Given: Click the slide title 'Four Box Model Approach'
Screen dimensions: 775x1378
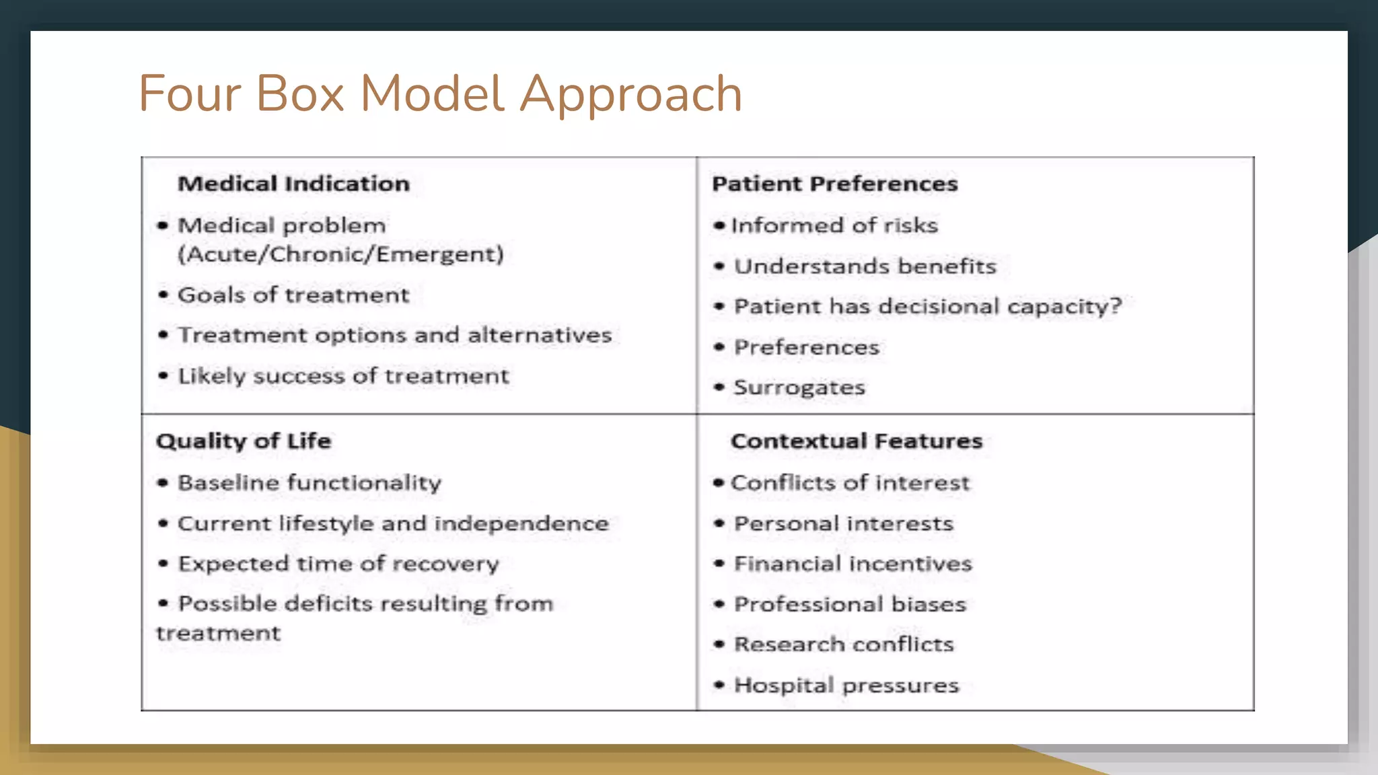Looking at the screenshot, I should tap(440, 94).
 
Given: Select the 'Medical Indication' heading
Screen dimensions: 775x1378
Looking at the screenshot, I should tap(293, 184).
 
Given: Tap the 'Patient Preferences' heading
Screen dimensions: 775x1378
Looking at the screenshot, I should tap(834, 184).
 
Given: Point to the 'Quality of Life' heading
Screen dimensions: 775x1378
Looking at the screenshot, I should tap(244, 441).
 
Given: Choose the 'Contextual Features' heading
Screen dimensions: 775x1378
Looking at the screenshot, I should tap(857, 441).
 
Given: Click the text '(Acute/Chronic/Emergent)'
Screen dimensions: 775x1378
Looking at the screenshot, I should tap(340, 254).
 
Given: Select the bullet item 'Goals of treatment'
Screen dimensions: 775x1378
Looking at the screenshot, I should tap(293, 295).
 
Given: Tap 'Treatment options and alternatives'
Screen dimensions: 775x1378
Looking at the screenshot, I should tap(394, 335).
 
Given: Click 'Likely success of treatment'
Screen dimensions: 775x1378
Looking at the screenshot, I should tap(343, 375).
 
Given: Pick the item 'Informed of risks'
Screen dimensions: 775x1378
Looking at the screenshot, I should tap(834, 225).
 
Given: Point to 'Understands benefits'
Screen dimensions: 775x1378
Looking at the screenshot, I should tap(865, 266).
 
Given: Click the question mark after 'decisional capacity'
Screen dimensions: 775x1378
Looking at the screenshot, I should tap(1116, 307).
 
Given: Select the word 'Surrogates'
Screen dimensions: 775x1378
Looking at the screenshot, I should tap(799, 387).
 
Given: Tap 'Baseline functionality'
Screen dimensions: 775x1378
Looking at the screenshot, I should tap(310, 482).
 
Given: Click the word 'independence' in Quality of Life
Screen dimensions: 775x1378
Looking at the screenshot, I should tap(521, 523).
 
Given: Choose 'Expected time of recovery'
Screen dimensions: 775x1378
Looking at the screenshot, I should tap(338, 564).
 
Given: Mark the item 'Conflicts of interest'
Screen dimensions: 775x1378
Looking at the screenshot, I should tap(850, 482).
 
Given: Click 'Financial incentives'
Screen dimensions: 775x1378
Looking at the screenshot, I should tap(853, 564).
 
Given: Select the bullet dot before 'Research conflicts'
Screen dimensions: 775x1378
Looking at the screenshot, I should tap(719, 644).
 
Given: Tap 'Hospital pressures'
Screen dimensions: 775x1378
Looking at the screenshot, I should tap(846, 685).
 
